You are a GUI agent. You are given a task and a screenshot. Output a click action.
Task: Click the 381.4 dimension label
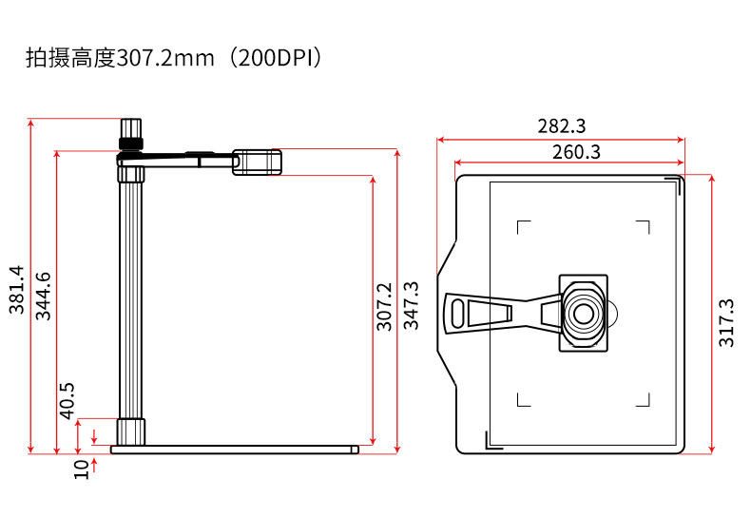pyautogui.click(x=16, y=290)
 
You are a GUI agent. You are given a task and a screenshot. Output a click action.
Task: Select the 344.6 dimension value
pyautogui.click(x=43, y=296)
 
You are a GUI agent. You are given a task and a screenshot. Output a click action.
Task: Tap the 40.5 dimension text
pyautogui.click(x=67, y=401)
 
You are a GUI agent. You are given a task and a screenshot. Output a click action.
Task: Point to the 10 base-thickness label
pyautogui.click(x=82, y=469)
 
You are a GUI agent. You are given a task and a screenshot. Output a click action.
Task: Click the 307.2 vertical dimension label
pyautogui.click(x=384, y=307)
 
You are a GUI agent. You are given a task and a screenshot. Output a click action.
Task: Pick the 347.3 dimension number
pyautogui.click(x=411, y=305)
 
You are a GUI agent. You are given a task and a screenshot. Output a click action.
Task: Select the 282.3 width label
pyautogui.click(x=561, y=126)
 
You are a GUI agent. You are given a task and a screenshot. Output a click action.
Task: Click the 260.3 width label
pyautogui.click(x=576, y=152)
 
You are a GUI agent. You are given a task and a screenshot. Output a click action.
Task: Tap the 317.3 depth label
pyautogui.click(x=726, y=322)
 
